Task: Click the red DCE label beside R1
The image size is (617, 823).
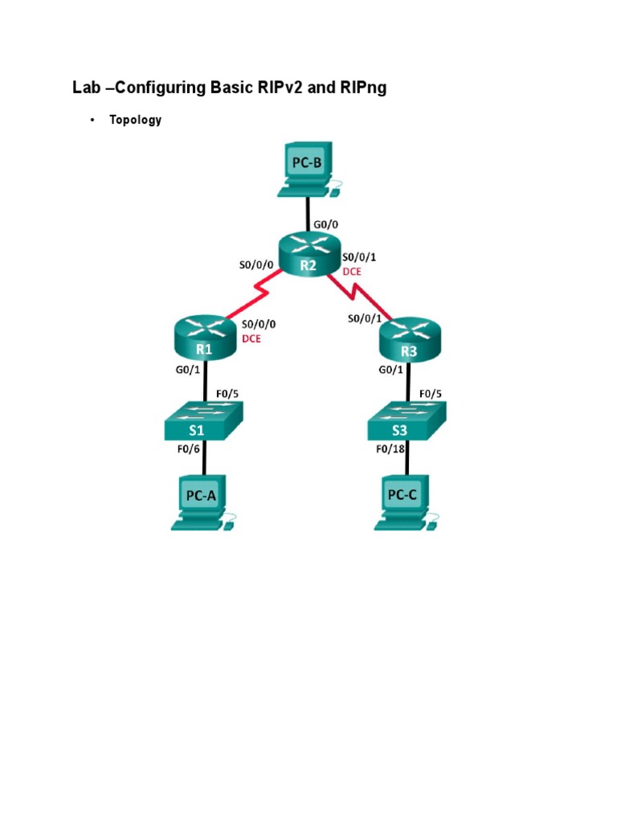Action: (251, 338)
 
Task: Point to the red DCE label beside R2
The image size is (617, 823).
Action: (352, 272)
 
